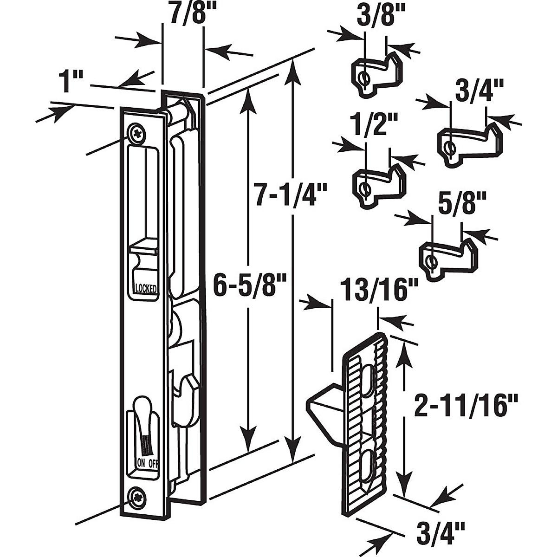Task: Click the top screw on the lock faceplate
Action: [x=137, y=134]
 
